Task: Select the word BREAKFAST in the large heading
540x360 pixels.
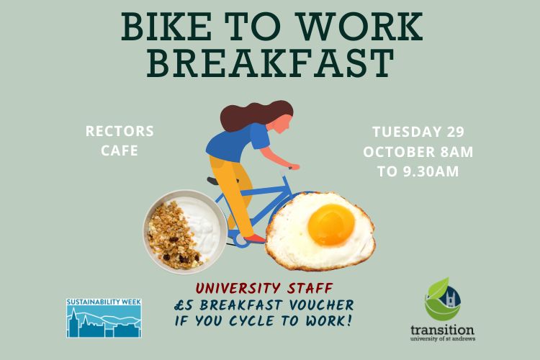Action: (x=270, y=63)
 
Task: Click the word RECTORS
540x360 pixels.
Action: (x=120, y=131)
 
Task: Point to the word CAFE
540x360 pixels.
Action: (x=120, y=150)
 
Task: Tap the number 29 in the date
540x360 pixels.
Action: (x=455, y=132)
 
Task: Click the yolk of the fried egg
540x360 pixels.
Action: (x=331, y=224)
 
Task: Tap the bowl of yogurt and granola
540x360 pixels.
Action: (x=185, y=232)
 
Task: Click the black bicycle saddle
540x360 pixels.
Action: (x=214, y=181)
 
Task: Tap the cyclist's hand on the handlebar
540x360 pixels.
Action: (x=294, y=167)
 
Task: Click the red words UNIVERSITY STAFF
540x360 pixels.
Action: (x=264, y=288)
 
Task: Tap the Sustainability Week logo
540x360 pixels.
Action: (x=104, y=318)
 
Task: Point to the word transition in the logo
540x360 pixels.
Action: (x=442, y=330)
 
